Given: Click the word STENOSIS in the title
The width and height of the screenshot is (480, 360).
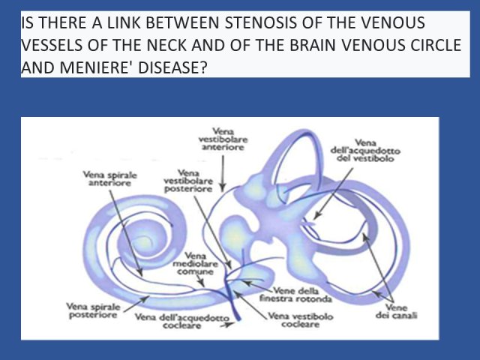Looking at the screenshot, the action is point(261,22).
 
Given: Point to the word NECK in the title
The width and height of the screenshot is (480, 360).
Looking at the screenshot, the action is point(166,45).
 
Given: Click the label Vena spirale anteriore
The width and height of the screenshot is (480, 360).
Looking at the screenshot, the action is point(110,179).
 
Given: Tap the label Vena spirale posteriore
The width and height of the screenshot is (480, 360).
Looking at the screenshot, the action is point(93,310).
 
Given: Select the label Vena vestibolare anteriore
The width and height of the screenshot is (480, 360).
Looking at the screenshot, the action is point(223,139).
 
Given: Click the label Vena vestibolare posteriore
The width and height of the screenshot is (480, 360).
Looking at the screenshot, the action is point(188,181).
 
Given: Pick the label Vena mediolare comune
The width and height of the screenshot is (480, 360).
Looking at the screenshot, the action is point(195,263).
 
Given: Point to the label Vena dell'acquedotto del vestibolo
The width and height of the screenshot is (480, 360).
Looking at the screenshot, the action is point(365,150).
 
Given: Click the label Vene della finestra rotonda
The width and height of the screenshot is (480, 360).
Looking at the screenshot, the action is point(295,294).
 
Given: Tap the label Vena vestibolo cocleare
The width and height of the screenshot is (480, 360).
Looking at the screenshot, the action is point(300,320).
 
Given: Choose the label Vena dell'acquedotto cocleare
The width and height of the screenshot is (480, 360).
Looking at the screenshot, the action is point(182,322).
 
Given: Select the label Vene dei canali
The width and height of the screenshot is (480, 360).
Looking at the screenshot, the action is point(397,311).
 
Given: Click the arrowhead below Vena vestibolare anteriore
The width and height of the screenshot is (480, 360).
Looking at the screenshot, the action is point(223,187).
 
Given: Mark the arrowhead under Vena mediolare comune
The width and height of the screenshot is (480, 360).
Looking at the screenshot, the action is point(202,283).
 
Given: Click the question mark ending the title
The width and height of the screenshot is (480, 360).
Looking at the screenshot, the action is point(204,67).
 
